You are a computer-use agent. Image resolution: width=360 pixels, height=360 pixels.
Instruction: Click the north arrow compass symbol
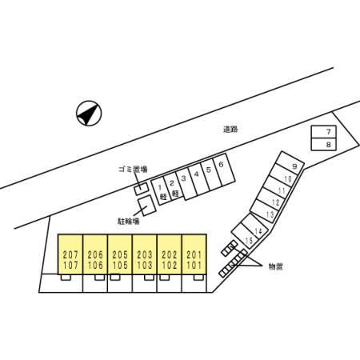[89, 113]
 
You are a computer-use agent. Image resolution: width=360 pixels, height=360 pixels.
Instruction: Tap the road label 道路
[230, 130]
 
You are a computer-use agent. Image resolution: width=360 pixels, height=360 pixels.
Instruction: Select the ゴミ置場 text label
[133, 169]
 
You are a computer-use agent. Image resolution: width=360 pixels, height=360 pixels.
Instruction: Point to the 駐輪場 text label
[128, 221]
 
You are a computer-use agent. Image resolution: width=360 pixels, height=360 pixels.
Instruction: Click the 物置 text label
[275, 266]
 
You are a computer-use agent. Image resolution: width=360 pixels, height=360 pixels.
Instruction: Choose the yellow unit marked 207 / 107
[70, 254]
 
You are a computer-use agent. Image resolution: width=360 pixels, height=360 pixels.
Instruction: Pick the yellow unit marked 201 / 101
[194, 254]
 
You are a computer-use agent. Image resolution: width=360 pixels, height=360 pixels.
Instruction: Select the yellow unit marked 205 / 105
[120, 254]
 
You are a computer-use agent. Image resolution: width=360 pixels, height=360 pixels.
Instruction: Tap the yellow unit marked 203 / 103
[145, 254]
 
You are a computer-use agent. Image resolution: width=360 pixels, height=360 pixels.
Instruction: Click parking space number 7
[324, 132]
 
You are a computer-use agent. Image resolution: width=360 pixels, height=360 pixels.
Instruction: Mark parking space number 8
[324, 144]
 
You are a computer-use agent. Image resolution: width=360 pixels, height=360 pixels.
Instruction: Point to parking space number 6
[224, 170]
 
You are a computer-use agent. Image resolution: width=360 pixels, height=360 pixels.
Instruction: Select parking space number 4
[198, 180]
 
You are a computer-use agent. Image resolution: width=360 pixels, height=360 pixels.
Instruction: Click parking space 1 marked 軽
[162, 191]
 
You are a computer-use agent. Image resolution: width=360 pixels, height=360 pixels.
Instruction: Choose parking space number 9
[290, 163]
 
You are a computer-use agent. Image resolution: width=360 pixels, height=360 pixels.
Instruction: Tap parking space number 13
[265, 211]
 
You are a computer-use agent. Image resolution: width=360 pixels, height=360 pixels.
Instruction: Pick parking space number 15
[245, 235]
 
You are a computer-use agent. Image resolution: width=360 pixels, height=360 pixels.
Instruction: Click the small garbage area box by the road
[141, 189]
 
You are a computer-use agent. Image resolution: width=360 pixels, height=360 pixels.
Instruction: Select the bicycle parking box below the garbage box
[147, 206]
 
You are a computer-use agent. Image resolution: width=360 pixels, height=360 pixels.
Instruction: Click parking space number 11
[278, 187]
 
